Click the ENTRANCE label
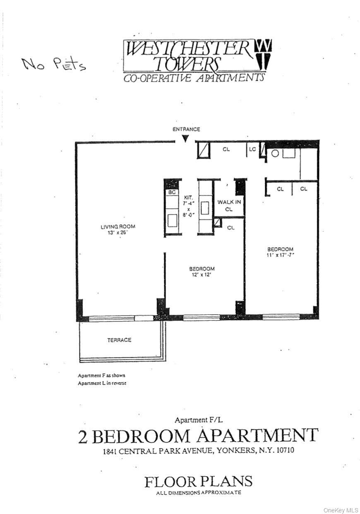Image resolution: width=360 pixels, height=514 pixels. (x=186, y=129)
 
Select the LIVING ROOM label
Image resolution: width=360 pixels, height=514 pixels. (x=118, y=227)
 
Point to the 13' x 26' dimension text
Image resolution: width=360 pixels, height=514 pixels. (x=118, y=233)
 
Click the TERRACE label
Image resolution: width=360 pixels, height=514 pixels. (x=119, y=340)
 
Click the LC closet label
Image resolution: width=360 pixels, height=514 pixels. (x=252, y=149)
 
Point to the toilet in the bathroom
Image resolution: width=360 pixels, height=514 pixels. (x=274, y=154)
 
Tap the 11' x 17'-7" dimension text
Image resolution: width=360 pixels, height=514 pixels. (x=280, y=256)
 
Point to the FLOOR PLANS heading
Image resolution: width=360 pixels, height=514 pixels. (x=198, y=481)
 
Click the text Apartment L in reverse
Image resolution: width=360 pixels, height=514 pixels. (x=102, y=383)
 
